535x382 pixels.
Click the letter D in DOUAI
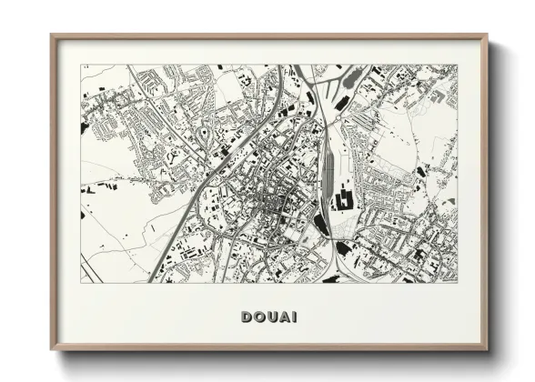click(247, 317)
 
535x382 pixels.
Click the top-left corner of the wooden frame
click(52, 35)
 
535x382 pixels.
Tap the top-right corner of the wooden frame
click(487, 35)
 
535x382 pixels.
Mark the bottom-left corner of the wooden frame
click(52, 348)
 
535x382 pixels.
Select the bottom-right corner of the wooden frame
click(487, 348)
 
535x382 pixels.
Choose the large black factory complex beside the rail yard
click(346, 198)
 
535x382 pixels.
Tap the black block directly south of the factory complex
click(344, 247)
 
